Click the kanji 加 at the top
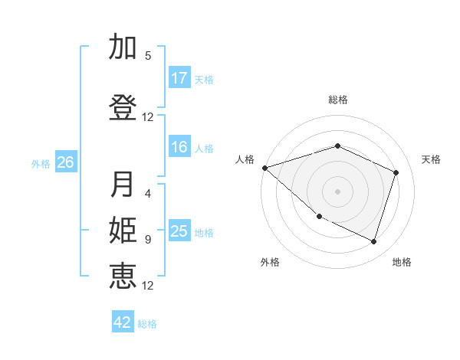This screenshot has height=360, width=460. pyautogui.click(x=123, y=47)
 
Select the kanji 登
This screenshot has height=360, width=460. pyautogui.click(x=123, y=106)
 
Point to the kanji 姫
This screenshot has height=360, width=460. pyautogui.click(x=123, y=231)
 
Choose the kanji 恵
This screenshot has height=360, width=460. pyautogui.click(x=123, y=275)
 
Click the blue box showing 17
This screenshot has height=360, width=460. pyautogui.click(x=179, y=78)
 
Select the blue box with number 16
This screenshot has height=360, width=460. pyautogui.click(x=179, y=148)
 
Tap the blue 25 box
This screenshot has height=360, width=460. pyautogui.click(x=179, y=232)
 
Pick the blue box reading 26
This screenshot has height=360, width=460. pyautogui.click(x=66, y=162)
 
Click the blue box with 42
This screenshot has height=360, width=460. pyautogui.click(x=123, y=322)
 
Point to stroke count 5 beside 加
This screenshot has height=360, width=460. pyautogui.click(x=148, y=56)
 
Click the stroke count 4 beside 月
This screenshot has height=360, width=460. pyautogui.click(x=148, y=195)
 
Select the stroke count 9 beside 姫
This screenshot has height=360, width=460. pyautogui.click(x=148, y=240)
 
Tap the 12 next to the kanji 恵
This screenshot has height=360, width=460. pyautogui.click(x=148, y=286)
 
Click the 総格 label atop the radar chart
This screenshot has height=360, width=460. pyautogui.click(x=337, y=100)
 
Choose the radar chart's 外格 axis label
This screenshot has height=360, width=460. pyautogui.click(x=270, y=262)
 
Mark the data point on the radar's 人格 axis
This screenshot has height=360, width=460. pyautogui.click(x=264, y=168)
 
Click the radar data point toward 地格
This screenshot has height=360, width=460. pyautogui.click(x=373, y=242)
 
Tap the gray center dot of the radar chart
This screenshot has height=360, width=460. pyautogui.click(x=337, y=191)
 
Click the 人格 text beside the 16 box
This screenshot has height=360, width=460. pyautogui.click(x=204, y=149)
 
